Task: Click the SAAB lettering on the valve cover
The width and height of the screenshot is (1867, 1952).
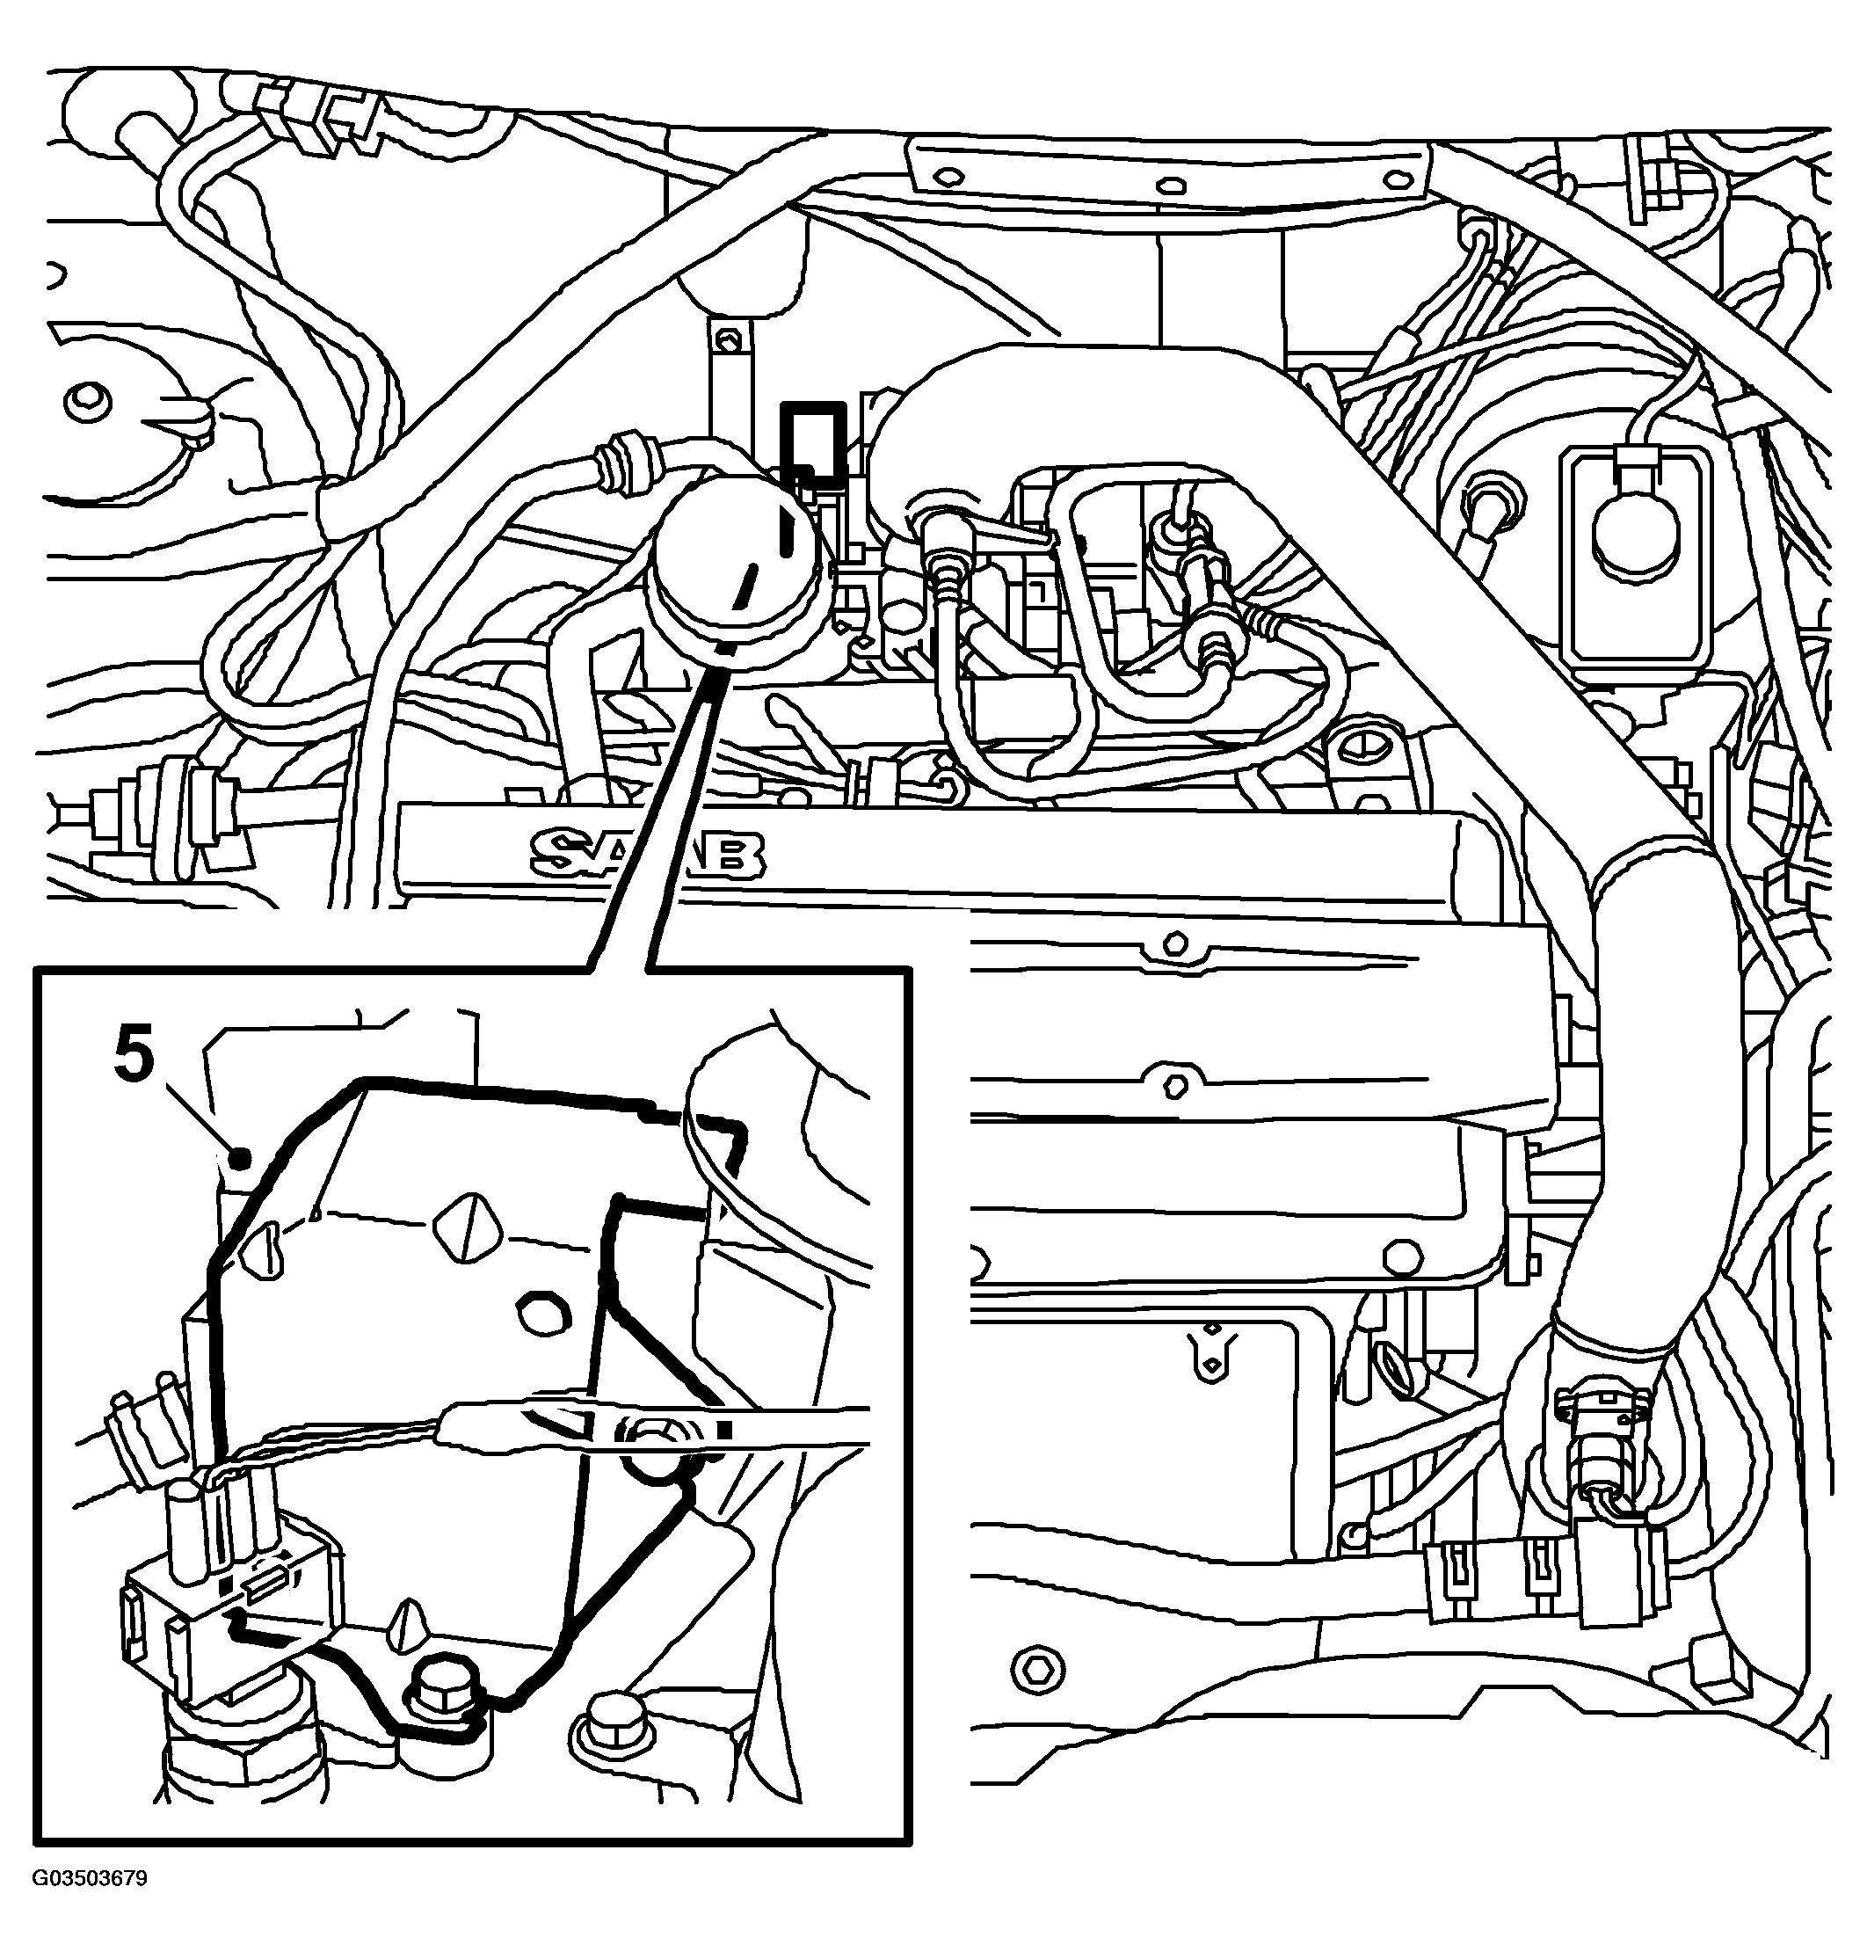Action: [x=648, y=855]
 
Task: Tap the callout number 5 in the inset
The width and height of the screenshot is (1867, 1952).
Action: [x=135, y=1058]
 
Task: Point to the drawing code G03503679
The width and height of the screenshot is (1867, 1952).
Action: [x=90, y=1905]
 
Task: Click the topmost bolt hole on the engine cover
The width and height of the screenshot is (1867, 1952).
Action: [x=1175, y=941]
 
